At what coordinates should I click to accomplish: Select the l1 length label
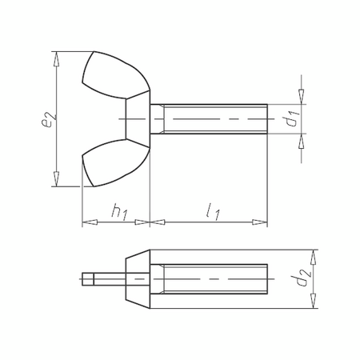coord(211,214)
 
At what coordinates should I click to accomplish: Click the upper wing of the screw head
coord(112,76)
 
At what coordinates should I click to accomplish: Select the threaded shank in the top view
coord(212,119)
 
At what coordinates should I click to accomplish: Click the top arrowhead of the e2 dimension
coord(57,55)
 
